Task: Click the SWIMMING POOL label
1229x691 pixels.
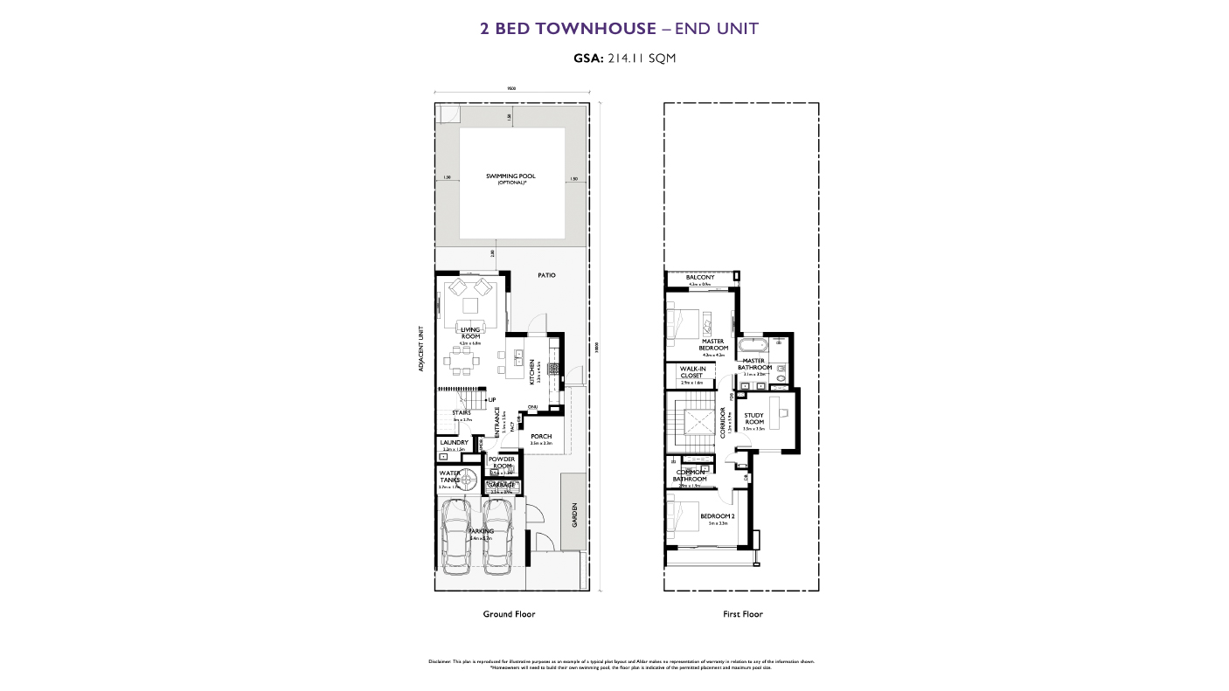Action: point(510,176)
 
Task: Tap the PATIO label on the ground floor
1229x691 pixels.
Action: point(546,275)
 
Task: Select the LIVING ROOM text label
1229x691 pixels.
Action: point(470,333)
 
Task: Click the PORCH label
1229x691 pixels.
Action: point(541,437)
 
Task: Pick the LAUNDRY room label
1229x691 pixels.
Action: point(454,443)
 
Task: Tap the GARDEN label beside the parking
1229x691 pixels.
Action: point(574,515)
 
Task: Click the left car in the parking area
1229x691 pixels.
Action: point(457,536)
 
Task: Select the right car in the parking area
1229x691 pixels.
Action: point(500,536)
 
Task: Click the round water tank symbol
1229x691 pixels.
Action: point(469,477)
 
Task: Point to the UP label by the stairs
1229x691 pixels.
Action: point(492,400)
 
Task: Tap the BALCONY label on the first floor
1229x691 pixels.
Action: point(700,278)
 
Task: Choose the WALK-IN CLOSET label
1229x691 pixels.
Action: point(691,372)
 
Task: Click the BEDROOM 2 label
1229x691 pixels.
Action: point(717,516)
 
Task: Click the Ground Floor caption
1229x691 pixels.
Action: point(509,614)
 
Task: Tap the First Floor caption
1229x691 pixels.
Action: point(742,614)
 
